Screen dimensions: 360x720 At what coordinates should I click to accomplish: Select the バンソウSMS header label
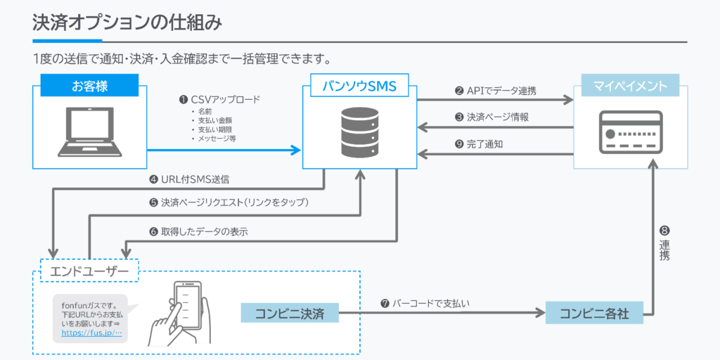tap(359, 86)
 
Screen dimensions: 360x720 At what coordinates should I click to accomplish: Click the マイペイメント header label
tap(629, 86)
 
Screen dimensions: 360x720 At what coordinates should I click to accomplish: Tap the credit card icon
tap(629, 131)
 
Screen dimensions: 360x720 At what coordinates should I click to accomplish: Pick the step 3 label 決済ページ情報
tap(496, 117)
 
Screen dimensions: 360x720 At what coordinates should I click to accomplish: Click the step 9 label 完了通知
tap(484, 144)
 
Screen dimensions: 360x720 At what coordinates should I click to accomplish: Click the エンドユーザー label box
tap(89, 271)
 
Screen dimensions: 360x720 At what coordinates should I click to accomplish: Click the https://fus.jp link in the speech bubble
tap(92, 333)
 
